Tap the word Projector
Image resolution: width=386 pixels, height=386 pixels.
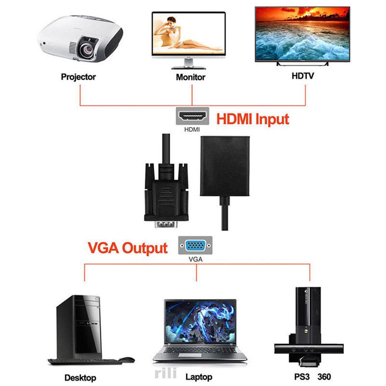(x=78, y=77)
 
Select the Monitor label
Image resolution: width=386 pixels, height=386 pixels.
(x=190, y=77)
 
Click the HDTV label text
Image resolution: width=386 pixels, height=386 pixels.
(x=303, y=76)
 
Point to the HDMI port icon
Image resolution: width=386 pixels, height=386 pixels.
(x=192, y=116)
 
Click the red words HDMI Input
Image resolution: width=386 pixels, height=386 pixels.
(x=253, y=119)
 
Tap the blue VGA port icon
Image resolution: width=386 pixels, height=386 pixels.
(x=195, y=245)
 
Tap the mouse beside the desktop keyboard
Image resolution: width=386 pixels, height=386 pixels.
(x=126, y=360)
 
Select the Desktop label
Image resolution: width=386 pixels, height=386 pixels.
(x=80, y=377)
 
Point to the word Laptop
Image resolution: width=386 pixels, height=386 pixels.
(x=199, y=377)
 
